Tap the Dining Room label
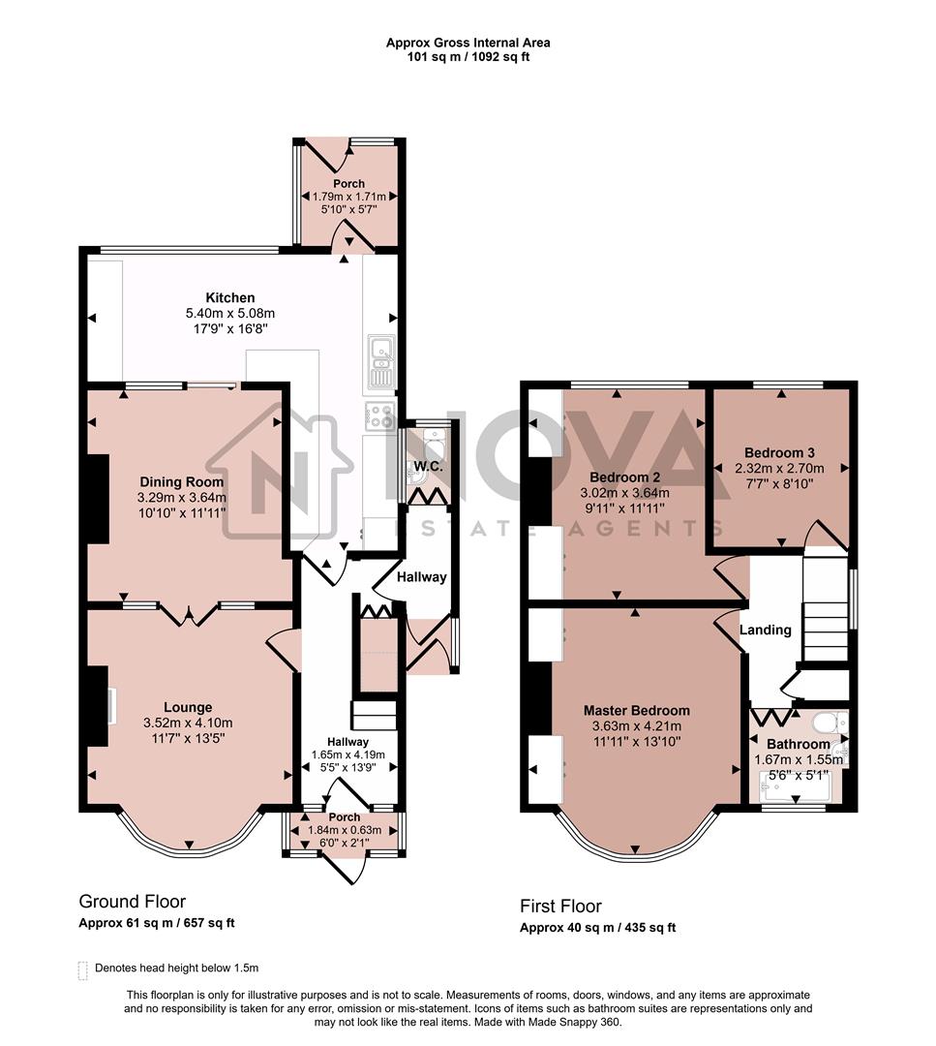(x=182, y=481)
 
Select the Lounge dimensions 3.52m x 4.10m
(x=188, y=723)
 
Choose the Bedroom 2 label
(x=629, y=477)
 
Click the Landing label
(x=766, y=630)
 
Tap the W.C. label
(x=428, y=467)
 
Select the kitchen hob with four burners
(x=379, y=416)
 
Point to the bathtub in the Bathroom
(x=794, y=785)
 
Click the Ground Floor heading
(x=132, y=902)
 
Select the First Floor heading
(x=560, y=907)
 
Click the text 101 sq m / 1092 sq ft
(x=468, y=57)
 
